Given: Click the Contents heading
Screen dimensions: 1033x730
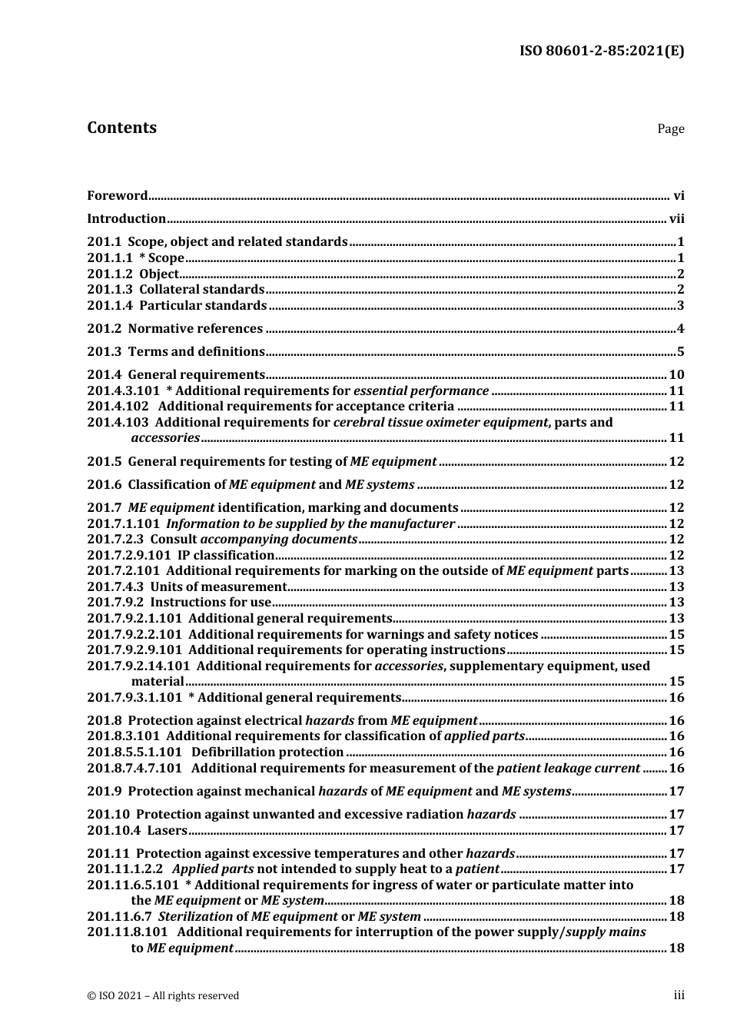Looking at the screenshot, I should click(121, 128).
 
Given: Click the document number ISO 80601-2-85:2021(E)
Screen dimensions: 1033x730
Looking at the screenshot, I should click(602, 51).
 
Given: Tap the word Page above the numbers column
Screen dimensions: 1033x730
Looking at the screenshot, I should click(670, 129).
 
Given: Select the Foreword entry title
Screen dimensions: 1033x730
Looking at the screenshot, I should click(117, 195).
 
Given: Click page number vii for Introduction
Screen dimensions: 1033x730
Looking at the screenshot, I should click(676, 218).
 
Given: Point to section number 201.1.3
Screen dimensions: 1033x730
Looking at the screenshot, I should click(109, 289).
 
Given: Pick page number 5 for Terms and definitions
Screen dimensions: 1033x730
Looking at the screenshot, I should click(680, 352).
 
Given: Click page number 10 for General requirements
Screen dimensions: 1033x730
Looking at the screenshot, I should click(676, 375).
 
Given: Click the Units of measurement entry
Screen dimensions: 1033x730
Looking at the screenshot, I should click(218, 586).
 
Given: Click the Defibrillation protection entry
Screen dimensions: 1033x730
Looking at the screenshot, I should click(267, 752).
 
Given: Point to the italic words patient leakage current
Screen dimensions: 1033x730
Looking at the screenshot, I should click(568, 768).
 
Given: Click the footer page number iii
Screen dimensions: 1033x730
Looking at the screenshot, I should click(679, 995).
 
